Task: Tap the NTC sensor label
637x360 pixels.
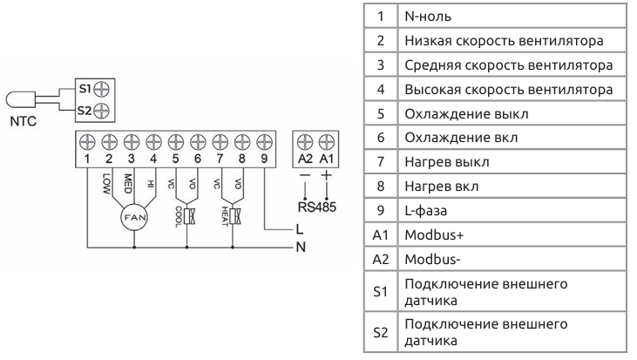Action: click(24, 123)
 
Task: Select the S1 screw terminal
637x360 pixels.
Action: click(101, 89)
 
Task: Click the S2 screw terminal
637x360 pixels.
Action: click(101, 110)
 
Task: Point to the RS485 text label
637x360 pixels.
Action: click(315, 206)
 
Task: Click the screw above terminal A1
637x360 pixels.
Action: click(327, 140)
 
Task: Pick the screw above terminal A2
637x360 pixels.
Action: click(304, 140)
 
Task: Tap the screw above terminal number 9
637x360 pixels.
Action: click(264, 140)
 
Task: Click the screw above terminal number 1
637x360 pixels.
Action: click(88, 140)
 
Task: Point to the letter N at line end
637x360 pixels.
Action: click(299, 247)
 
